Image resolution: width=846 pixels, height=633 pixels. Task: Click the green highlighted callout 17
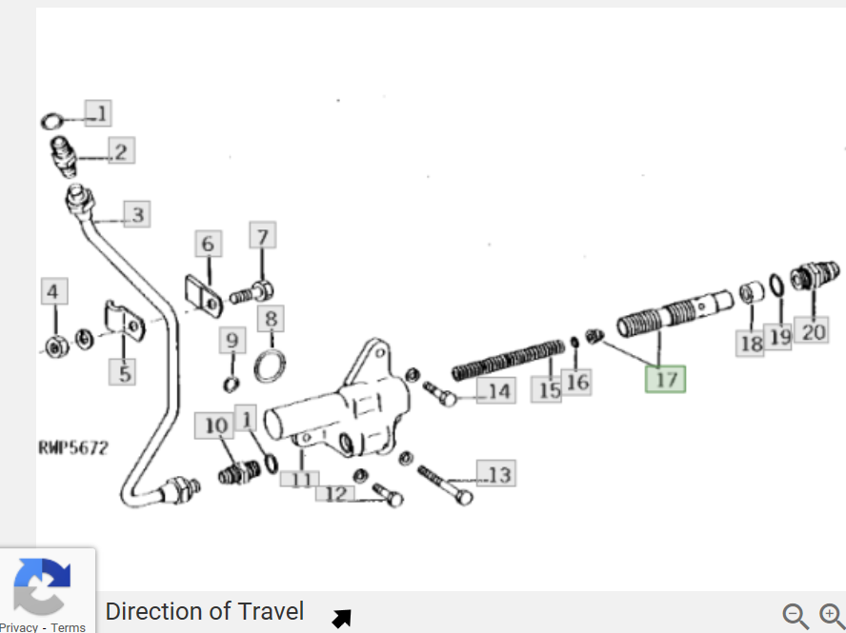point(665,379)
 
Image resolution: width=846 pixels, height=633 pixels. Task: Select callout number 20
point(813,331)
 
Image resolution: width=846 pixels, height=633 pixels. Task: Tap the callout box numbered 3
point(137,214)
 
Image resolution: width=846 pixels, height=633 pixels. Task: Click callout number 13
point(496,473)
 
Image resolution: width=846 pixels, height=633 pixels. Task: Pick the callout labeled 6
point(209,244)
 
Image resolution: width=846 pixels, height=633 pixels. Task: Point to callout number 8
point(271,319)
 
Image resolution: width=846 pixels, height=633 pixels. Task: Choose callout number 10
point(215,425)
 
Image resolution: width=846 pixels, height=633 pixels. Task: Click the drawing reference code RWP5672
point(73,447)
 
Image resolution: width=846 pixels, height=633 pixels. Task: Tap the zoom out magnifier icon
point(796,616)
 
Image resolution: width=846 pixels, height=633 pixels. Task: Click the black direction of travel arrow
point(342,618)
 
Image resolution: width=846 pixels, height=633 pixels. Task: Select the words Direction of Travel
point(205,611)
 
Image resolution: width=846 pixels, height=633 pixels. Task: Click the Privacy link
point(19,627)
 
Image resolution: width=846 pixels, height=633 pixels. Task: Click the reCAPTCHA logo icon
point(42,587)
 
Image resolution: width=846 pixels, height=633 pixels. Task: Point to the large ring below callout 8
point(270,366)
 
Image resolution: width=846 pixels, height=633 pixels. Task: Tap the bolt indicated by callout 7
point(252,294)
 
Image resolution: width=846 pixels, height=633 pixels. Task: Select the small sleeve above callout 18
point(752,292)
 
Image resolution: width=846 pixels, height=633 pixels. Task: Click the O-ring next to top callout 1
point(51,121)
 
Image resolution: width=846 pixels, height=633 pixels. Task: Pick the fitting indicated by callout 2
point(64,156)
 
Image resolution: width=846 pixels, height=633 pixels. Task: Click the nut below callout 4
point(55,346)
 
